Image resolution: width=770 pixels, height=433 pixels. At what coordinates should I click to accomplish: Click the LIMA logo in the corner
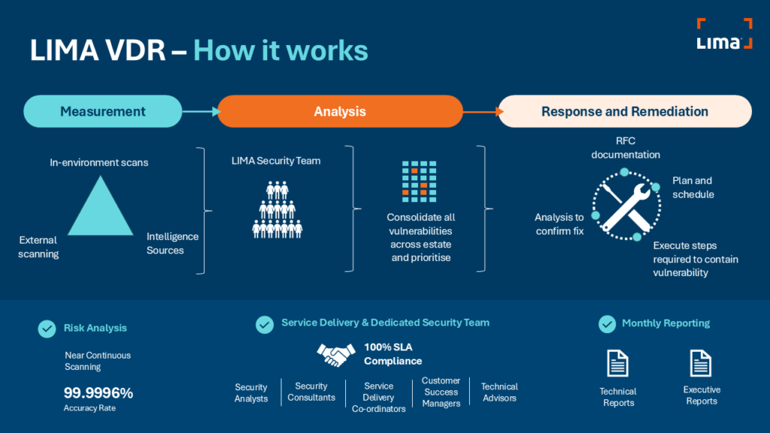coord(724,35)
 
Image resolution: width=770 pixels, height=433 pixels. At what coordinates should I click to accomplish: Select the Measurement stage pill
coord(103,111)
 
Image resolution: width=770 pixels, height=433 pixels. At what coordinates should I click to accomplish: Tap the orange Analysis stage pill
coord(340,111)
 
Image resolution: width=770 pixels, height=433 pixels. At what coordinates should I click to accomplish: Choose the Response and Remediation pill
coord(625,111)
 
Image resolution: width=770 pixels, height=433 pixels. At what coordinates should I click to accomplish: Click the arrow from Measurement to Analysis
coord(200,112)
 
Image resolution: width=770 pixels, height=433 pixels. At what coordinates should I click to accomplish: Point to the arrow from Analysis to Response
coord(481,112)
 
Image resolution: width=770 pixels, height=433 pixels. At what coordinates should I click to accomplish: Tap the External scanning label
coord(38,247)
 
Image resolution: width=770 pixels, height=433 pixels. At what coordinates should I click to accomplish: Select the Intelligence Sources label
coord(173,243)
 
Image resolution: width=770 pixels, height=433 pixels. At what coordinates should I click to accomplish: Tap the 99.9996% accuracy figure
coord(99,392)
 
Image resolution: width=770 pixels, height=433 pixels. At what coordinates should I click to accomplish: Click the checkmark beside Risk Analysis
coord(47,329)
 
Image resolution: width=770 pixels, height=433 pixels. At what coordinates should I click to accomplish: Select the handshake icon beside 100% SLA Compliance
coord(336,355)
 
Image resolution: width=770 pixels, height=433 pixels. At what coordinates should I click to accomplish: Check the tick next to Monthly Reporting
coord(607,324)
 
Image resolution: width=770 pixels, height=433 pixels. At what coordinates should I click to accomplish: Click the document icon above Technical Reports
coord(617,364)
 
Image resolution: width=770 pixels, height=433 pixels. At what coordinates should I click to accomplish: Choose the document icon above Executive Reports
coord(701,363)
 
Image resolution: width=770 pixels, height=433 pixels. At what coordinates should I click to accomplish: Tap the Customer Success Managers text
coord(441,392)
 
